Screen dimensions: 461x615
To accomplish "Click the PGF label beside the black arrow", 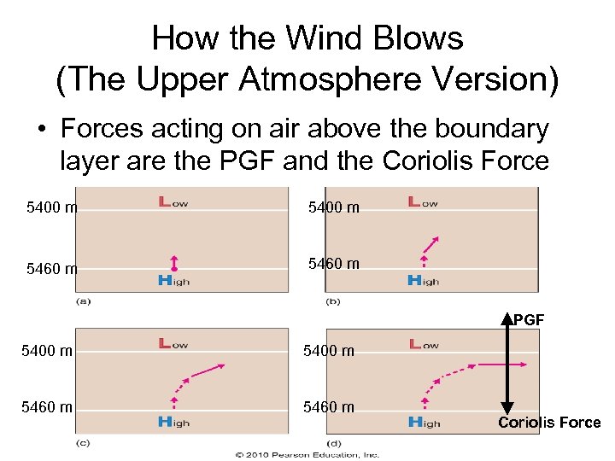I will tap(529, 320).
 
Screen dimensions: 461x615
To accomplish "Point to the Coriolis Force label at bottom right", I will tap(549, 423).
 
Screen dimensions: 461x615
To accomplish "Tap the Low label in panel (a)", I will tap(173, 202).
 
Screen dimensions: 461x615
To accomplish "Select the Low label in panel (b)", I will tap(423, 202).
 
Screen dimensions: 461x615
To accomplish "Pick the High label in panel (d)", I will tap(423, 421).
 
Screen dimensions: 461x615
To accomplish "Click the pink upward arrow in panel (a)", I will tap(174, 261).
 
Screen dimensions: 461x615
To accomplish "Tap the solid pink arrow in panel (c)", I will tap(208, 371).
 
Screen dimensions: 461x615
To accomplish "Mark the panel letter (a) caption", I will tap(84, 301).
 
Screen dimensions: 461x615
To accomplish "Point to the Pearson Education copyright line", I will tap(307, 454).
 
